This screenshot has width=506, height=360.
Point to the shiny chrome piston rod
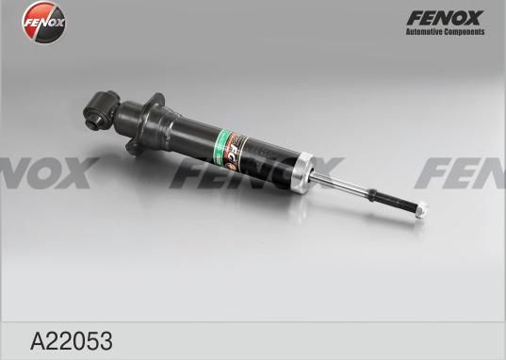[341, 184]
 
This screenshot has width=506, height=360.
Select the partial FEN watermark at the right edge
[462, 172]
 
